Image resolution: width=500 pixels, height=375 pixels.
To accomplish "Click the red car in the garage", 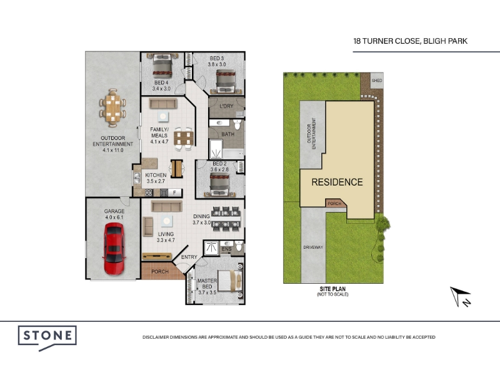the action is click(x=114, y=249).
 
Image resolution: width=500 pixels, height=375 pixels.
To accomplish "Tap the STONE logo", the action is click(x=47, y=338).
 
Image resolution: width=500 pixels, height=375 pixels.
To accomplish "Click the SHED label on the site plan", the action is click(x=377, y=81).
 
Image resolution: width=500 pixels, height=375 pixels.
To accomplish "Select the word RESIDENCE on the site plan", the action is click(x=337, y=182).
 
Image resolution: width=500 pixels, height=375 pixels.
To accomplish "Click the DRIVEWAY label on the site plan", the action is click(x=313, y=247).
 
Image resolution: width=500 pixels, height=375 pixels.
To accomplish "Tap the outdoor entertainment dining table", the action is click(x=112, y=107).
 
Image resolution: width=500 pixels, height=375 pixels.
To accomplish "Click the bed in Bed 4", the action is click(x=162, y=66).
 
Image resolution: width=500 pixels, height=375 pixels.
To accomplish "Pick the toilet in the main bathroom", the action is click(x=237, y=124).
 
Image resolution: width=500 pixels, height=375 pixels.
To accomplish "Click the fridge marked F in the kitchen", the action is click(x=174, y=192).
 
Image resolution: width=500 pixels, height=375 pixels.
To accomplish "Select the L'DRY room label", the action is click(x=226, y=106).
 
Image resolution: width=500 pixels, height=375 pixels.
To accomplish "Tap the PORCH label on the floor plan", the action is click(x=160, y=272).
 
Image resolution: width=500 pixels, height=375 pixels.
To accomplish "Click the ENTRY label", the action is click(x=189, y=257).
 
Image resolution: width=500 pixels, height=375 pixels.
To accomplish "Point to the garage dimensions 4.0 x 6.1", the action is click(x=114, y=217).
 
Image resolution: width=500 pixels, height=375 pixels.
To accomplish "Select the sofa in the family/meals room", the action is click(x=163, y=104).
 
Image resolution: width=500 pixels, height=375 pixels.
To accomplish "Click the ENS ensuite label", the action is click(x=226, y=249).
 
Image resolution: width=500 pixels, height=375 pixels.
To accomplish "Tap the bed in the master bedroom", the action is click(x=230, y=281).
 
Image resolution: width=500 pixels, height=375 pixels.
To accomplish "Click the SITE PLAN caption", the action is click(x=332, y=289).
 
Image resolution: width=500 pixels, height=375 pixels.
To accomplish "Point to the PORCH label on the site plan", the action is click(x=334, y=204).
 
